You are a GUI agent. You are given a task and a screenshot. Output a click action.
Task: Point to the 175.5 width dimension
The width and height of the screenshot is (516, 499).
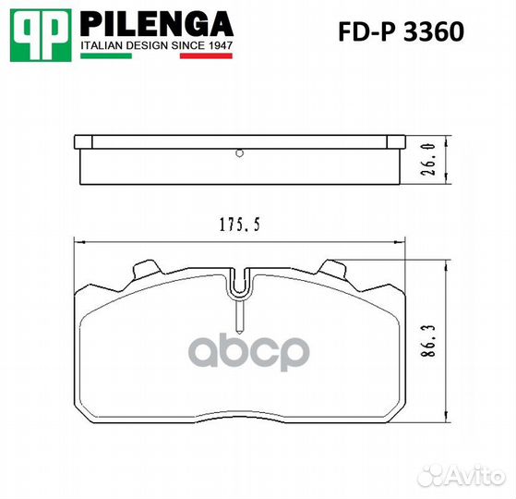point(236,224)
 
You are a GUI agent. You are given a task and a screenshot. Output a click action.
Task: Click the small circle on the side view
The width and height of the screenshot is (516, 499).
point(238,152)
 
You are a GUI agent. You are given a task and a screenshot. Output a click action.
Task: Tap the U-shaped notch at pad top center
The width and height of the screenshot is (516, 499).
point(239,285)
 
